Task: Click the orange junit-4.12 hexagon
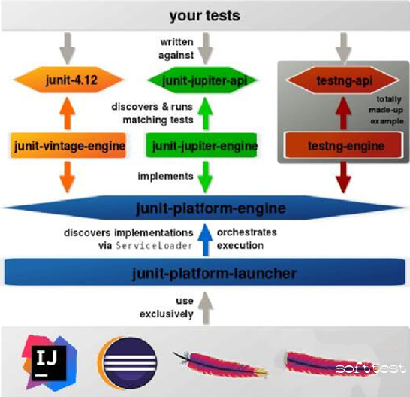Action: pos(68,80)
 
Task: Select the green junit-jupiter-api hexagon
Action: pos(203,80)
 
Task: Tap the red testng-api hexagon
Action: pos(343,80)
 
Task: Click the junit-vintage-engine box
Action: pos(68,145)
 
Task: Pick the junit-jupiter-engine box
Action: pos(201,145)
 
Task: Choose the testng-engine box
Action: pos(344,145)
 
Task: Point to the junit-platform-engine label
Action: pos(211,208)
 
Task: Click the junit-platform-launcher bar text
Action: pos(214,274)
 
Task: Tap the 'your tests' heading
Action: pos(204,16)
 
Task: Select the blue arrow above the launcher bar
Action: pos(206,240)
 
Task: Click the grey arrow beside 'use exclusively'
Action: pos(206,308)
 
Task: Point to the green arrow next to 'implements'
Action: pos(205,177)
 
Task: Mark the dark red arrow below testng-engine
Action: pos(343,177)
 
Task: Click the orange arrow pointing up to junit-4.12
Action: pos(68,114)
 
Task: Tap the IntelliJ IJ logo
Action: pos(49,363)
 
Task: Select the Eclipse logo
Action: pos(128,363)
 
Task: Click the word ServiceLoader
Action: pos(154,246)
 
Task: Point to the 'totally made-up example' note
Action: pos(386,110)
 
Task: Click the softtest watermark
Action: pos(370,368)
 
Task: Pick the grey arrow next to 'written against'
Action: pos(206,48)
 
